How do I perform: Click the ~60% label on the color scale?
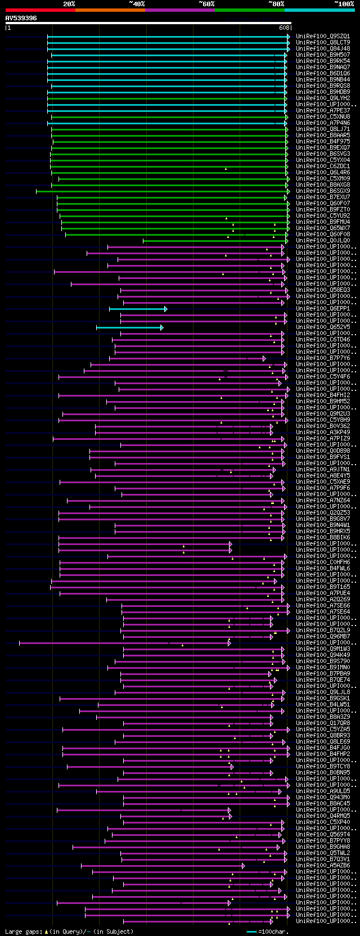tap(206, 4)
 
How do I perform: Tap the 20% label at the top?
tap(69, 4)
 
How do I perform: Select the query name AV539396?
tap(21, 18)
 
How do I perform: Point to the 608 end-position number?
tap(284, 28)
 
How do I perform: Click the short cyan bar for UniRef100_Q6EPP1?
tap(137, 309)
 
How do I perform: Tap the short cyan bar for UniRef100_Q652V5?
tap(129, 327)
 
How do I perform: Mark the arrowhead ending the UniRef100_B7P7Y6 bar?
tap(264, 358)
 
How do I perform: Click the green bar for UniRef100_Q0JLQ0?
tap(214, 241)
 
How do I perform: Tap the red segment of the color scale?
tap(40, 10)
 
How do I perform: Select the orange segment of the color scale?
tap(110, 10)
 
